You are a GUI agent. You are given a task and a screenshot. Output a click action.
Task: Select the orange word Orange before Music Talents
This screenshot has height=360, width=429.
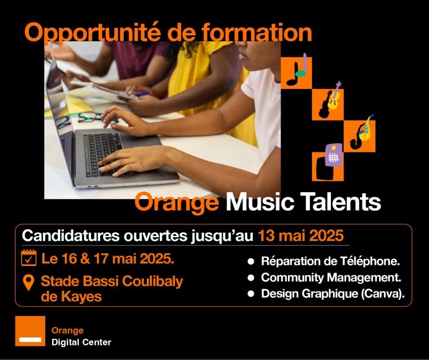pyautogui.click(x=176, y=202)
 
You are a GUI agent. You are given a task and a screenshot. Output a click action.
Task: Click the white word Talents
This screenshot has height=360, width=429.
pyautogui.click(x=341, y=201)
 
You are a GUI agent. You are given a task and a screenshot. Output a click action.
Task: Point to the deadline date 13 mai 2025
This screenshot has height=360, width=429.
pyautogui.click(x=301, y=236)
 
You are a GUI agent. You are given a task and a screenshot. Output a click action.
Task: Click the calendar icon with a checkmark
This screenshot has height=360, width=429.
pyautogui.click(x=29, y=258)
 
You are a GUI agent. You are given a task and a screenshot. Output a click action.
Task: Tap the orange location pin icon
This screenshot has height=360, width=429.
pyautogui.click(x=29, y=283)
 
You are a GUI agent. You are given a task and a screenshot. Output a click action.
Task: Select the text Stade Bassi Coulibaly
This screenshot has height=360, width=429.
pyautogui.click(x=112, y=282)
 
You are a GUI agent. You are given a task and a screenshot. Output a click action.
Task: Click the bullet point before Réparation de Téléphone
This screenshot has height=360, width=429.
pyautogui.click(x=251, y=261)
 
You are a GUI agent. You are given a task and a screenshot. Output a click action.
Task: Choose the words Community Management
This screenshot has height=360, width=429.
pyautogui.click(x=331, y=277)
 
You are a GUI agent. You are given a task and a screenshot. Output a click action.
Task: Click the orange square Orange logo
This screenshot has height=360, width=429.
pyautogui.click(x=30, y=331)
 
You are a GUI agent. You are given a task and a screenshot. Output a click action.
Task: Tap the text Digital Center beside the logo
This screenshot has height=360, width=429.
pyautogui.click(x=82, y=342)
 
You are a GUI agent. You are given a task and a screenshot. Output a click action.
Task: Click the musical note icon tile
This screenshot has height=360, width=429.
pyautogui.click(x=297, y=73)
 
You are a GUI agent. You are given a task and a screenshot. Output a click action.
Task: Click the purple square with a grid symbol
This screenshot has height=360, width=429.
pyautogui.click(x=334, y=155)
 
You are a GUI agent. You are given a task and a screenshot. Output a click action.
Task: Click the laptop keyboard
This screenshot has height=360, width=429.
pyautogui.click(x=102, y=153)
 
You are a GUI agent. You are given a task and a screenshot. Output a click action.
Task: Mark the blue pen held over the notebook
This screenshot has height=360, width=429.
pyautogui.click(x=142, y=93)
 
